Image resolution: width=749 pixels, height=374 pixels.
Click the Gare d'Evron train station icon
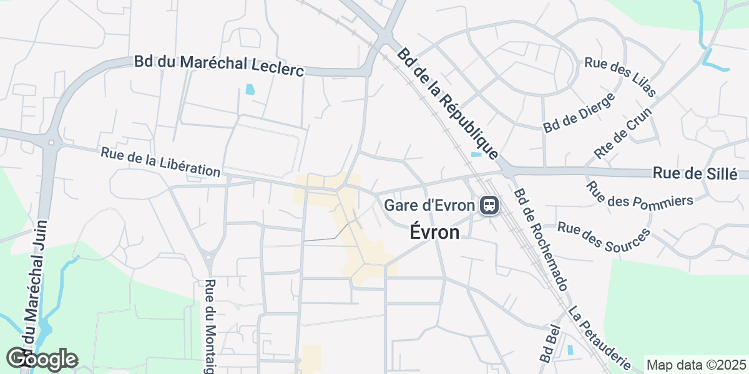click(x=488, y=204)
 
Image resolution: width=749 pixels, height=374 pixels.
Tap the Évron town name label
click(x=435, y=233)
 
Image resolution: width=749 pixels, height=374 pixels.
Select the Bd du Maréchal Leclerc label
click(x=218, y=66)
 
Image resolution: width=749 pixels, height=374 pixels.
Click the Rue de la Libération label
click(x=160, y=162)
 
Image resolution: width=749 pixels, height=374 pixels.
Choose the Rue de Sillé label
click(x=695, y=174)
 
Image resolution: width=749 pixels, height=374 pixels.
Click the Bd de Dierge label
click(x=579, y=112)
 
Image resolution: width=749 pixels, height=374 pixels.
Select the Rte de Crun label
click(x=622, y=133)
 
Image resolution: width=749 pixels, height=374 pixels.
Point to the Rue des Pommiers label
click(x=640, y=194)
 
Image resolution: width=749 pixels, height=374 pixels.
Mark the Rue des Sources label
click(x=604, y=237)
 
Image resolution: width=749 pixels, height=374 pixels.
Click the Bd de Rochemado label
click(x=540, y=239)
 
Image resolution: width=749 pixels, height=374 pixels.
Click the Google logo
click(x=42, y=359)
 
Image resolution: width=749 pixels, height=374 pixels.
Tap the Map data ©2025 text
click(x=696, y=365)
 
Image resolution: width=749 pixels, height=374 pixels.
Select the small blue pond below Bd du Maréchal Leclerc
click(x=250, y=89)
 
